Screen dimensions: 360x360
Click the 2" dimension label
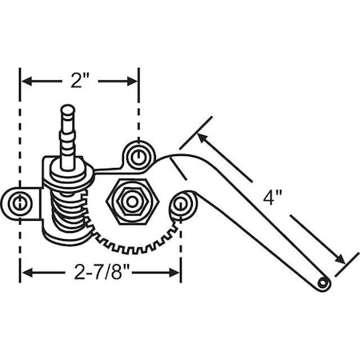[80, 80]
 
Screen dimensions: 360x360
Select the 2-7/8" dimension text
[99, 273]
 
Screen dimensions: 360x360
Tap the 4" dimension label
[274, 198]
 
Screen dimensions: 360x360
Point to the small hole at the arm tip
[322, 283]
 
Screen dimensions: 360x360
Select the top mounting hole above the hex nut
[138, 154]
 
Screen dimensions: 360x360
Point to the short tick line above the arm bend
[196, 132]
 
